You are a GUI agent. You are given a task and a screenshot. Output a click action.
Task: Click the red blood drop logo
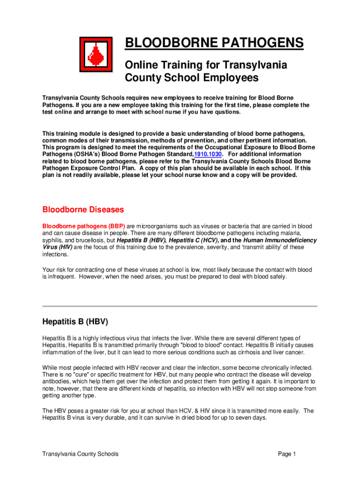point(95,55)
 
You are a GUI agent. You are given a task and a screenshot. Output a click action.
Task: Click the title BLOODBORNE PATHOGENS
point(214,44)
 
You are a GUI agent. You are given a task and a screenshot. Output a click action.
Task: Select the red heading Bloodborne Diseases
point(83,209)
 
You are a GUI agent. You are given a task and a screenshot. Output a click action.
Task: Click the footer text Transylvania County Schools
point(80,454)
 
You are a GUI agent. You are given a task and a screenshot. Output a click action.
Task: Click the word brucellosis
point(87,240)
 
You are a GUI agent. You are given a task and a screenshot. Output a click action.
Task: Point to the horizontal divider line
point(180,306)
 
